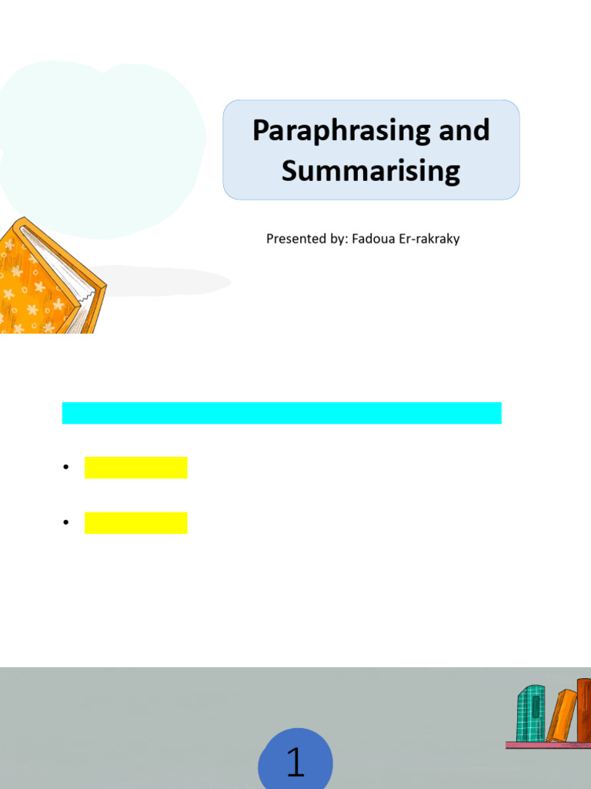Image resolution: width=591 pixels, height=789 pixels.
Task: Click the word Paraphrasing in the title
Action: [x=335, y=130]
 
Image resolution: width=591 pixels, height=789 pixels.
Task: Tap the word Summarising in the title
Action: [x=370, y=170]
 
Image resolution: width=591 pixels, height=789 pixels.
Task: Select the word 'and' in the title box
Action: [x=464, y=129]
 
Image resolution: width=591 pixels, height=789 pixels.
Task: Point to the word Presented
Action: [x=295, y=239]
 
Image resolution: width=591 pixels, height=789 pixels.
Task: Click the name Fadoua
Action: [x=372, y=239]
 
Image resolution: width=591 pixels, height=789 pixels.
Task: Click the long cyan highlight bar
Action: [x=282, y=413]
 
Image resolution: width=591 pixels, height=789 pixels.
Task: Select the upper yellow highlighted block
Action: [x=135, y=468]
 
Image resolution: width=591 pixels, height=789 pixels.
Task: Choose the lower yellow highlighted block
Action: [x=135, y=522]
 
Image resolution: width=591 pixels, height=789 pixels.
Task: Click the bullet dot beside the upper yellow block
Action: [x=66, y=468]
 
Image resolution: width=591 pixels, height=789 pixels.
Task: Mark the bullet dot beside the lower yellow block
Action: [x=66, y=522]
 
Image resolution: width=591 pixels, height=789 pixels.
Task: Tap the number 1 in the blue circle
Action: [x=295, y=762]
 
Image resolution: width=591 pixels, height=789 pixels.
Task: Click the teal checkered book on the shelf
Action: [x=530, y=713]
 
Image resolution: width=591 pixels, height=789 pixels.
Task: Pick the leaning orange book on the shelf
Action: [x=562, y=716]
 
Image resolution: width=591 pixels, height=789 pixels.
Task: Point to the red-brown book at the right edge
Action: [x=584, y=709]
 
